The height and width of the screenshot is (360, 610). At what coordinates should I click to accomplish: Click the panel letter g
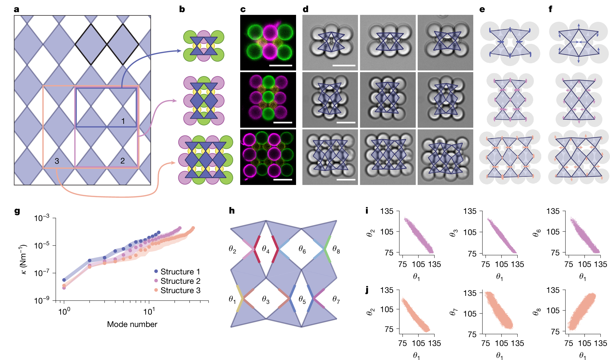coord(17,211)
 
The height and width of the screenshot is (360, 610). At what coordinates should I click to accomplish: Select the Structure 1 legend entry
coord(177,272)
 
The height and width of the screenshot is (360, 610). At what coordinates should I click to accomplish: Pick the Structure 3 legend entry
coord(177,290)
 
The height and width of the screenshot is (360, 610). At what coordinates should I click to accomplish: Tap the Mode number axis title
coord(132,324)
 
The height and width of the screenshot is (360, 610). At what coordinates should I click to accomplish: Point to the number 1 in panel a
coord(123,121)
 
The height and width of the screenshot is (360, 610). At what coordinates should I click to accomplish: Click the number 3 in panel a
coord(57,161)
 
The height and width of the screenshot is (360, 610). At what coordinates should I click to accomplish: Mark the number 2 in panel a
coord(122,161)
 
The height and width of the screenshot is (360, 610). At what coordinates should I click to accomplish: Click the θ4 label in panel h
coord(266,249)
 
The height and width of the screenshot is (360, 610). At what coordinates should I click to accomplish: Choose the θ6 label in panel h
coord(302,249)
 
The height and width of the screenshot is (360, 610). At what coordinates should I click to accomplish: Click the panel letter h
coord(232,211)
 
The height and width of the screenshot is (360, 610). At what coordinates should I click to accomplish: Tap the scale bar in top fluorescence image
coord(281,66)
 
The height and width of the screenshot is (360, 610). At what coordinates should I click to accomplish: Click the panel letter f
coord(550,9)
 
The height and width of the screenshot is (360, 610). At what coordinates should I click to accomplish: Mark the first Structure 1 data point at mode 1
coord(64,280)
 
